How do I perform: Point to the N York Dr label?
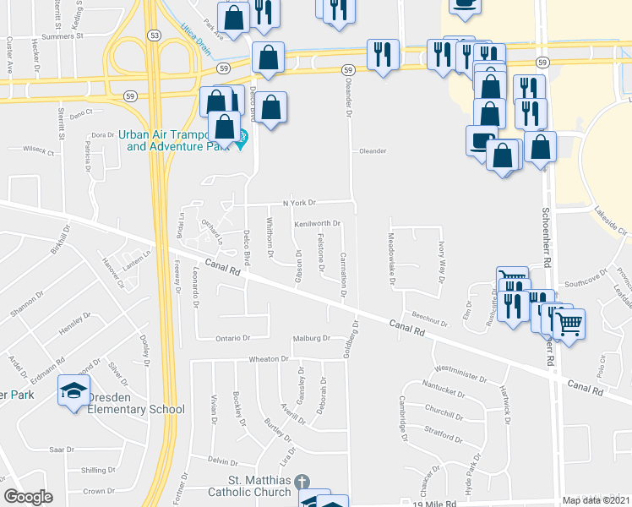pyautogui.click(x=298, y=203)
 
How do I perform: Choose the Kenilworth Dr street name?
pyautogui.click(x=317, y=224)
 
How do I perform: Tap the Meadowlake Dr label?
pyautogui.click(x=391, y=260)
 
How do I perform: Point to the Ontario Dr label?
pyautogui.click(x=235, y=337)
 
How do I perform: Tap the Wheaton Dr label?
pyautogui.click(x=269, y=359)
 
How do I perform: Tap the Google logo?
pyautogui.click(x=28, y=497)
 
